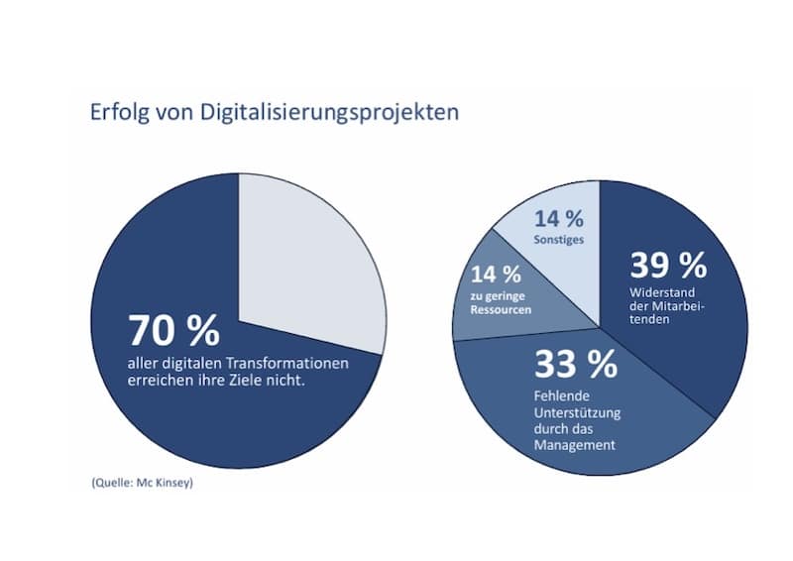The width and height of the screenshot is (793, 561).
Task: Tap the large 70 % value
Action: click(173, 331)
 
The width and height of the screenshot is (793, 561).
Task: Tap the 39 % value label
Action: click(668, 265)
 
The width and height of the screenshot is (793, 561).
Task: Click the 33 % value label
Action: click(575, 365)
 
